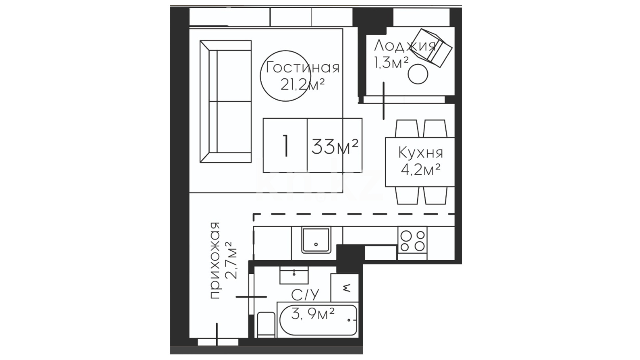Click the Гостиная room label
[303, 68]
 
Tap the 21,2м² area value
[303, 85]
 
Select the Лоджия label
[405, 45]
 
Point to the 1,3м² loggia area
[391, 62]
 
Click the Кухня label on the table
[421, 153]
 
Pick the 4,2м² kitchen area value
[421, 170]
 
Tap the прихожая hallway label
[216, 260]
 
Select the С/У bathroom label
[305, 295]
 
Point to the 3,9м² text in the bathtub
[313, 313]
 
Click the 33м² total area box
[335, 145]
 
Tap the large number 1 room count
[285, 145]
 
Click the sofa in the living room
[225, 102]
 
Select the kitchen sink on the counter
[316, 240]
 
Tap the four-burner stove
[412, 241]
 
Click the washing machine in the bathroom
[345, 287]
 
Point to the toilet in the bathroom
[266, 325]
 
